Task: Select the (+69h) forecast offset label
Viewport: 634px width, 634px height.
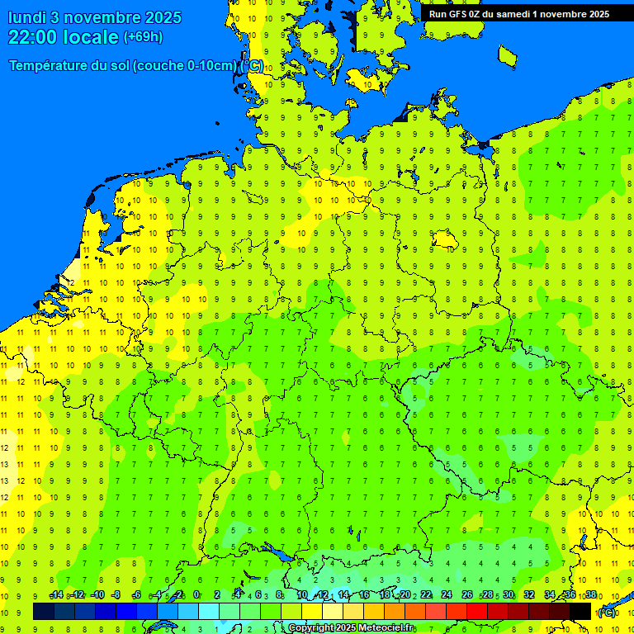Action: pyautogui.click(x=143, y=37)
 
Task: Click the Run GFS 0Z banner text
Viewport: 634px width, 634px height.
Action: pyautogui.click(x=462, y=13)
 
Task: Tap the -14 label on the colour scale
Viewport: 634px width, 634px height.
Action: pyautogui.click(x=56, y=595)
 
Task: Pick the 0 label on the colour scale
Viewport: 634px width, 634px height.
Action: pyautogui.click(x=196, y=595)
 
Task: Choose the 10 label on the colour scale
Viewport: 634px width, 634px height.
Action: pyautogui.click(x=302, y=595)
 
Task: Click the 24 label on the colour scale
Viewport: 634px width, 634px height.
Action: pyautogui.click(x=447, y=595)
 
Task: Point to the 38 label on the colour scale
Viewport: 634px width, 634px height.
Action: pyautogui.click(x=591, y=595)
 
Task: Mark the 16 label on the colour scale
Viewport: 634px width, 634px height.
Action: pyautogui.click(x=364, y=595)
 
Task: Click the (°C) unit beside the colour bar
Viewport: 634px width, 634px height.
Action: pyautogui.click(x=607, y=613)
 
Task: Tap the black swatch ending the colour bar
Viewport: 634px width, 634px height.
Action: pyautogui.click(x=581, y=611)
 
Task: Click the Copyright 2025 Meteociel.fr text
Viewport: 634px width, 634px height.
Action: pyautogui.click(x=351, y=628)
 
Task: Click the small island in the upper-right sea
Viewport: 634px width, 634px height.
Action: pyautogui.click(x=508, y=55)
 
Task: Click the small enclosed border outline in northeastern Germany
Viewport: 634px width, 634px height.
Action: pyautogui.click(x=447, y=239)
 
